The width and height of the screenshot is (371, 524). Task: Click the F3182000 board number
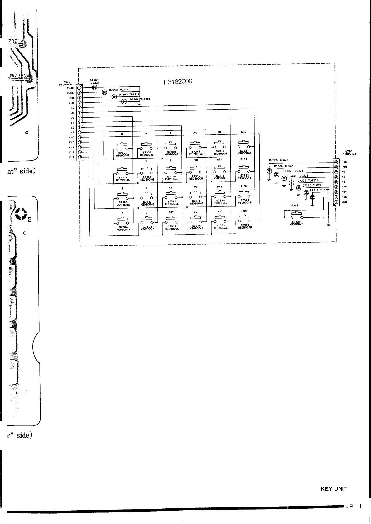[178, 82]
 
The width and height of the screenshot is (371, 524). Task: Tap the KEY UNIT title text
[334, 489]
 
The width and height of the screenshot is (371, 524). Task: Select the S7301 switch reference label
[123, 153]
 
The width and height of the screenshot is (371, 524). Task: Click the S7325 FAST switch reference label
[296, 221]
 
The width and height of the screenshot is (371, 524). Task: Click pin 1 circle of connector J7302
[79, 88]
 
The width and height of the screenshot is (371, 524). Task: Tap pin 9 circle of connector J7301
[336, 162]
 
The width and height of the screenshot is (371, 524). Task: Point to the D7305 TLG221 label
[279, 161]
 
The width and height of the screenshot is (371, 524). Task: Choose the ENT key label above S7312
[171, 212]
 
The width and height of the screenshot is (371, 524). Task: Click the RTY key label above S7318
[219, 159]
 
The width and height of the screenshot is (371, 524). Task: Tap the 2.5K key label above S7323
[244, 187]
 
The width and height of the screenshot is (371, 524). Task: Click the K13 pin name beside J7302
[72, 158]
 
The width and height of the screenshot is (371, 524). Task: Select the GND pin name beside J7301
[345, 202]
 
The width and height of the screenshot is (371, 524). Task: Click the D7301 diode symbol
[94, 87]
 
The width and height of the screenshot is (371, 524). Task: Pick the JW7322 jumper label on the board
[19, 77]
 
